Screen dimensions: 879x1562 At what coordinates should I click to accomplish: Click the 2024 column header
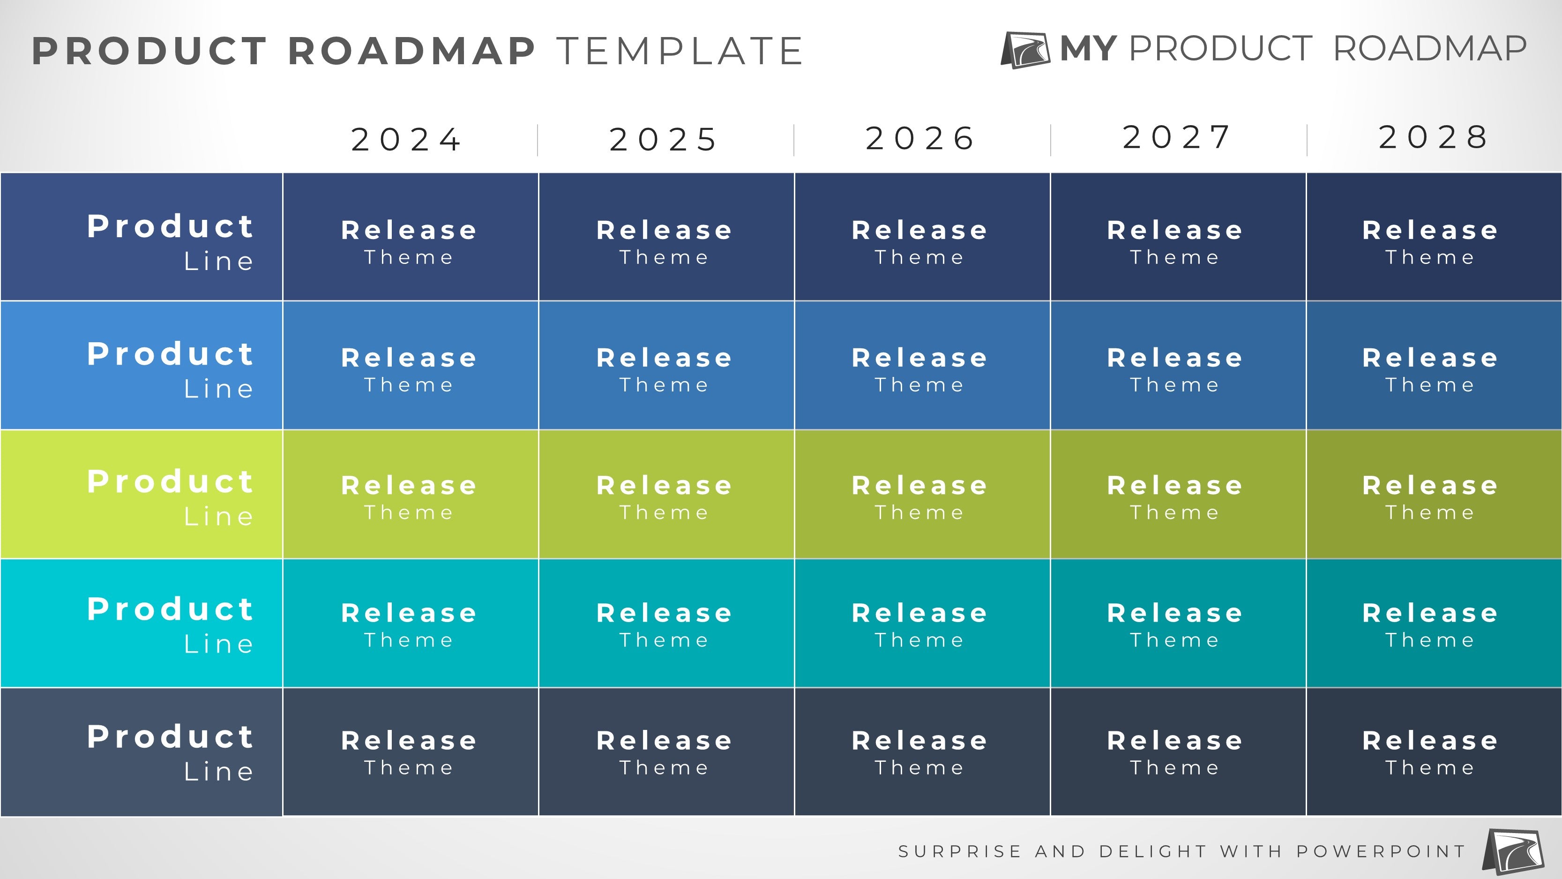pos(406,140)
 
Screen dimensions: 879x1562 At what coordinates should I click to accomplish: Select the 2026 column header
pos(920,139)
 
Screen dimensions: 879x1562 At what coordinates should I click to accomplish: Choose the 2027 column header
pos(1177,138)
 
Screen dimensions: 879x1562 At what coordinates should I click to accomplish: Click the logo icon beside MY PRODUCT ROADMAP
pos(1025,50)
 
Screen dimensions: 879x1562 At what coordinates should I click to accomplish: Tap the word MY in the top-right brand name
pos(1088,49)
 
